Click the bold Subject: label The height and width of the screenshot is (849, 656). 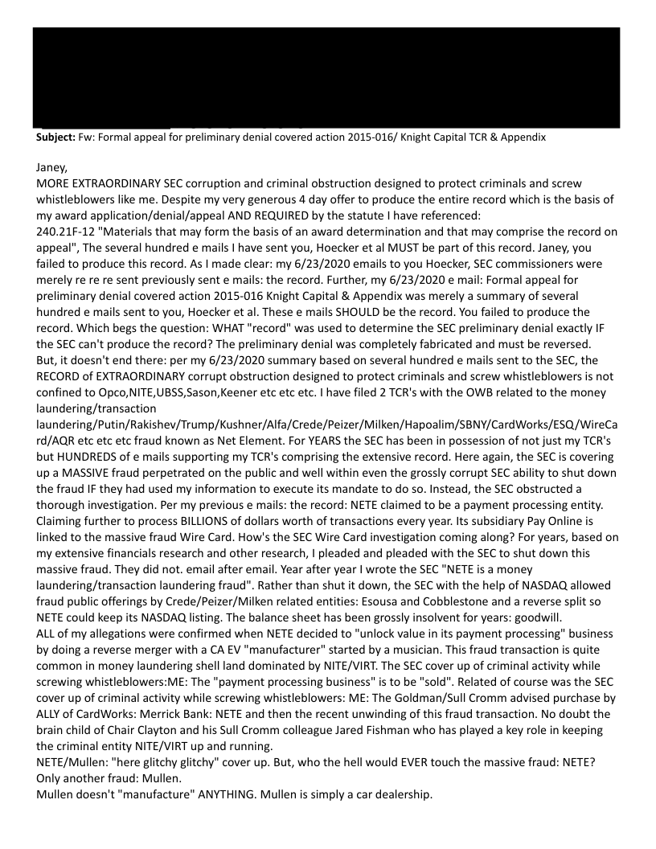[x=56, y=137]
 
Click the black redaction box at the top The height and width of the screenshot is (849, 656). [x=327, y=77]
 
